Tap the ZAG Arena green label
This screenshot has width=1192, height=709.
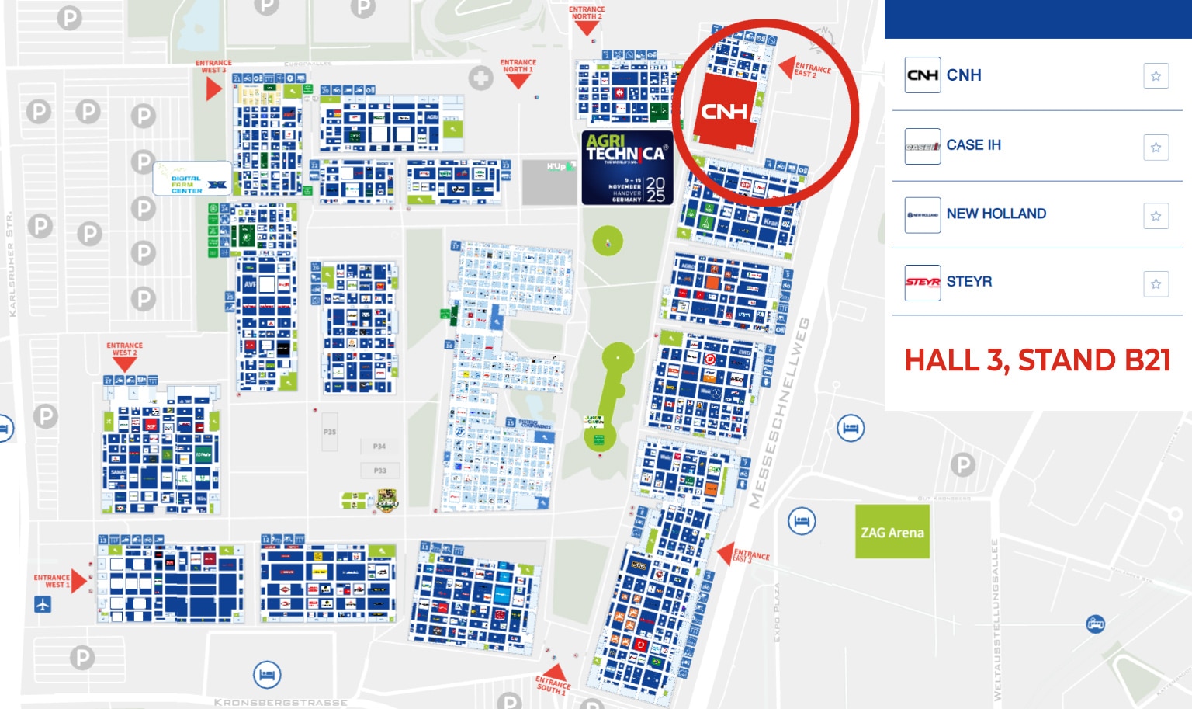click(892, 532)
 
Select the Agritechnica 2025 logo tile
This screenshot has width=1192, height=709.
click(626, 168)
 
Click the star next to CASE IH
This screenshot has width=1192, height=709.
click(1156, 148)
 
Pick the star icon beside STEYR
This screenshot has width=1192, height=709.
click(1156, 283)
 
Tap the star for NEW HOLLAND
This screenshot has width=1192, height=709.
click(1156, 216)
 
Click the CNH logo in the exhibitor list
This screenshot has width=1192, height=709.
click(923, 75)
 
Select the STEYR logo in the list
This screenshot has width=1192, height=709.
click(923, 283)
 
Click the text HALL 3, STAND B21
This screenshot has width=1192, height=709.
click(1037, 360)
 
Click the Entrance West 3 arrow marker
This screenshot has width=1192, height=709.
click(213, 89)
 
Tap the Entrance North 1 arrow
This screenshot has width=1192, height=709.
click(518, 81)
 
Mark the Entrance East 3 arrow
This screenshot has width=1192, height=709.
click(726, 554)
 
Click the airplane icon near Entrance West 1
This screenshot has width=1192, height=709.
click(43, 604)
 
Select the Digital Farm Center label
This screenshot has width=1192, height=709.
click(192, 179)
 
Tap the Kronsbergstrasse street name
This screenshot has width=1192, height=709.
click(280, 702)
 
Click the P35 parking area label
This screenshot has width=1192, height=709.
click(330, 432)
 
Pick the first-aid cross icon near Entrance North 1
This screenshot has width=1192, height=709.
click(481, 78)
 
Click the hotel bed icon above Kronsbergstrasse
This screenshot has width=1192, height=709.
click(267, 674)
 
